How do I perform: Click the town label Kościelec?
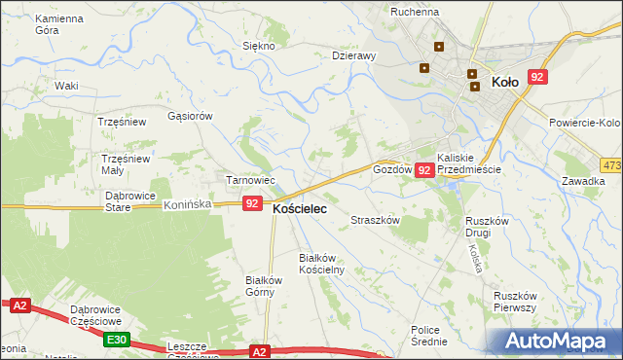(300, 209)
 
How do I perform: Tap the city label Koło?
(505, 83)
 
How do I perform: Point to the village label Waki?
(66, 86)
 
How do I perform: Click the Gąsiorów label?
(190, 116)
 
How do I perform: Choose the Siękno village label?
(259, 46)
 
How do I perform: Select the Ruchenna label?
(415, 12)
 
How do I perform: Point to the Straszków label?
(376, 221)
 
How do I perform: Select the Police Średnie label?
(429, 336)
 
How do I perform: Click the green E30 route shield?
(117, 339)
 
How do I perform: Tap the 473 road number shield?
(611, 165)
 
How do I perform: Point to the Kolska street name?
(477, 258)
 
